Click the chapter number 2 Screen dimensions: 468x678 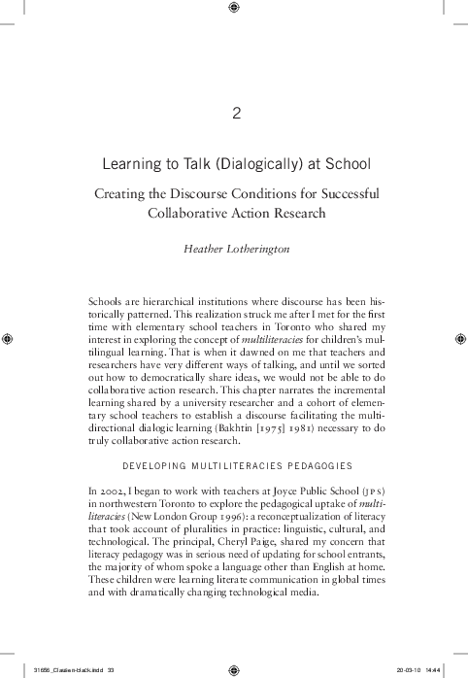(x=235, y=113)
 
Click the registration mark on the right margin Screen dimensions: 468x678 (x=459, y=339)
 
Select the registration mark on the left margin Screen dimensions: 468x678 (x=9, y=339)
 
